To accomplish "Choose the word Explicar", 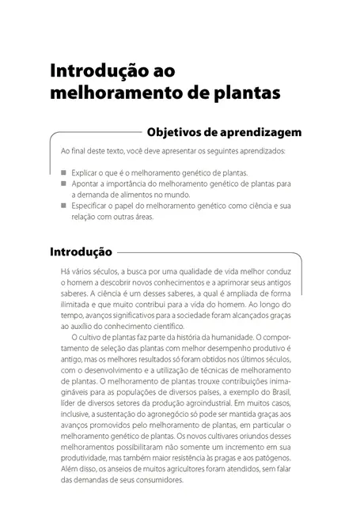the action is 84,172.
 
